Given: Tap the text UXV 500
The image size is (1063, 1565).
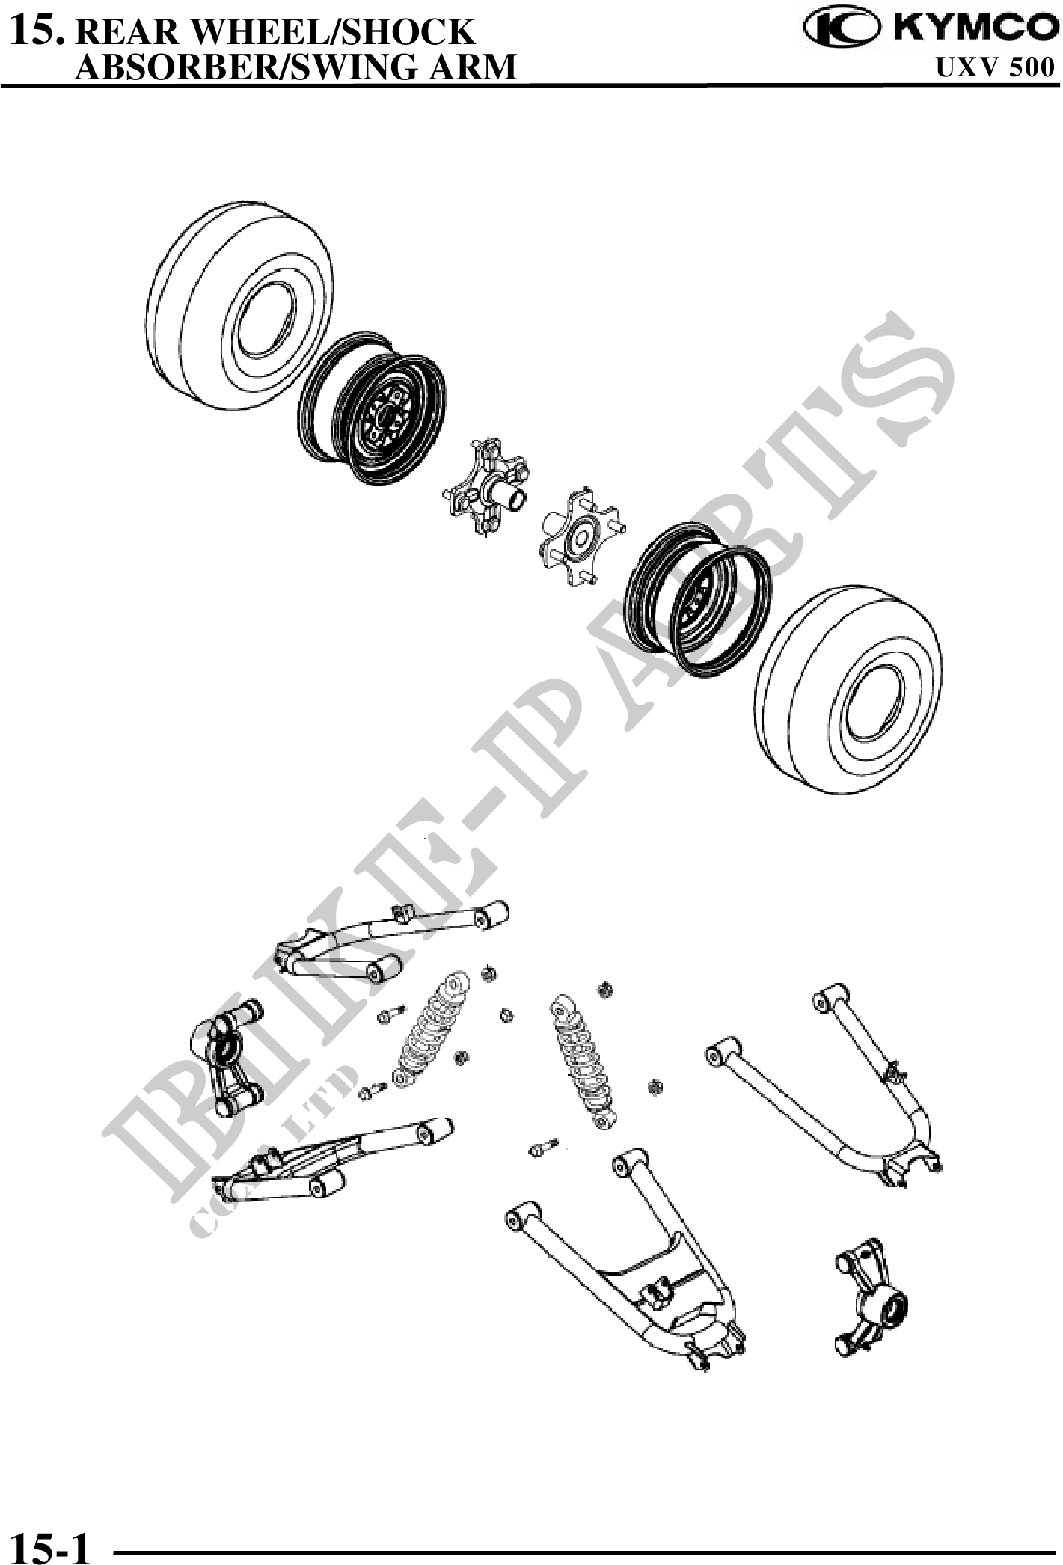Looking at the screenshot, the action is (x=995, y=68).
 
